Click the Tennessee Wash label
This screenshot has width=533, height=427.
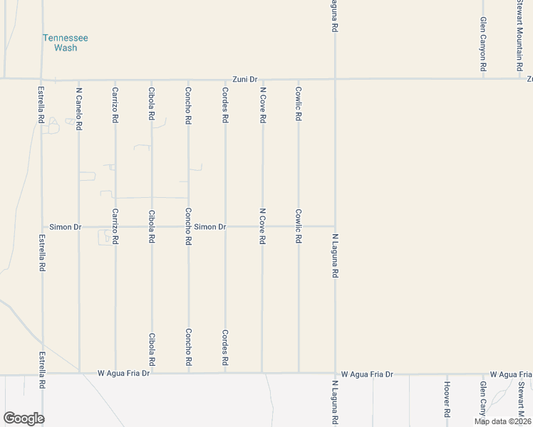click(x=65, y=43)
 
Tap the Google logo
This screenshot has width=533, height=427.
click(x=24, y=418)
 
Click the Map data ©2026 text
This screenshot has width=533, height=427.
click(x=502, y=421)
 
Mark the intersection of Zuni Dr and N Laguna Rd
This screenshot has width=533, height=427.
click(x=335, y=79)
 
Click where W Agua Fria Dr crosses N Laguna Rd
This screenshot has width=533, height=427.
click(x=335, y=372)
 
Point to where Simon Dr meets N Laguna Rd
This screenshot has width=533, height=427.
click(x=335, y=227)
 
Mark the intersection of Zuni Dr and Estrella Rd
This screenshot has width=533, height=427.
click(x=41, y=79)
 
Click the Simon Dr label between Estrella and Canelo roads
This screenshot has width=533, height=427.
click(x=66, y=227)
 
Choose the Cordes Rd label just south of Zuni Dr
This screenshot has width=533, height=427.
click(x=225, y=105)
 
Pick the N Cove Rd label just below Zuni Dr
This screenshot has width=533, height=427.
click(x=262, y=105)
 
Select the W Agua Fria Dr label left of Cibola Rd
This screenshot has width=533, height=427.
click(x=124, y=373)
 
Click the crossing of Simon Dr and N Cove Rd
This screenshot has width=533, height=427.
click(x=262, y=227)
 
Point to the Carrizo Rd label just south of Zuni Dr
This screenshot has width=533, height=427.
click(x=115, y=105)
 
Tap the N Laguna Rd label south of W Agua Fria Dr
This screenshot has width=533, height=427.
click(x=335, y=401)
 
